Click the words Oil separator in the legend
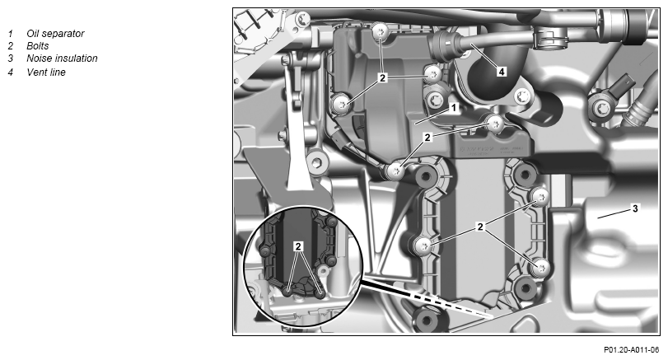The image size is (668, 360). coord(55,33)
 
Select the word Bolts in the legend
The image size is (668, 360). coord(38,45)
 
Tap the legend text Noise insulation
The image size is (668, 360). coord(62,58)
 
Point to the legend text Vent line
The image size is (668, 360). coord(46,72)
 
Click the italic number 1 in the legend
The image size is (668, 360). coord(10,33)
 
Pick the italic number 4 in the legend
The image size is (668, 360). coord(10,72)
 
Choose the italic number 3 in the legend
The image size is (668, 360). coord(10,58)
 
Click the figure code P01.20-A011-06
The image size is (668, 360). coord(631,350)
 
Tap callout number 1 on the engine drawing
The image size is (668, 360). coord(454,108)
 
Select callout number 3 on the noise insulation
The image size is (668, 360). coord(635,208)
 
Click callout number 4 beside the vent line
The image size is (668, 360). coord(502,72)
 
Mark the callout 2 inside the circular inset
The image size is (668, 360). coord(298,245)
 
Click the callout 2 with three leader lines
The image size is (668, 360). coord(382,77)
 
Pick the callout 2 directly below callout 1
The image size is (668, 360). coord(427,137)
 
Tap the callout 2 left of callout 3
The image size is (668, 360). coord(480,227)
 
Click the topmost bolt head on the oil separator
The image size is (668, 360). coord(379,31)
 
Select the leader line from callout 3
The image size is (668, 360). coord(614,213)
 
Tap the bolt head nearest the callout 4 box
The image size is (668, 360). coord(522,97)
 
